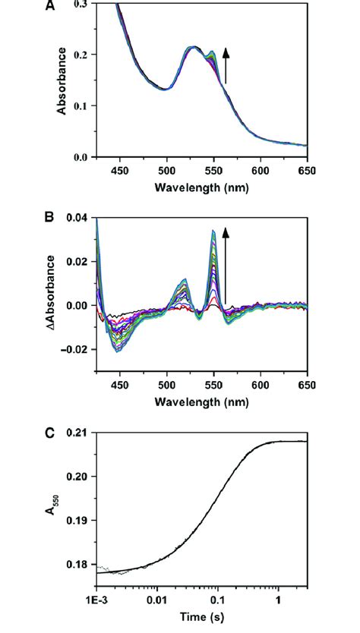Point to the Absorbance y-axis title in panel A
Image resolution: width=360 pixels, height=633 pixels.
(62, 81)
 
